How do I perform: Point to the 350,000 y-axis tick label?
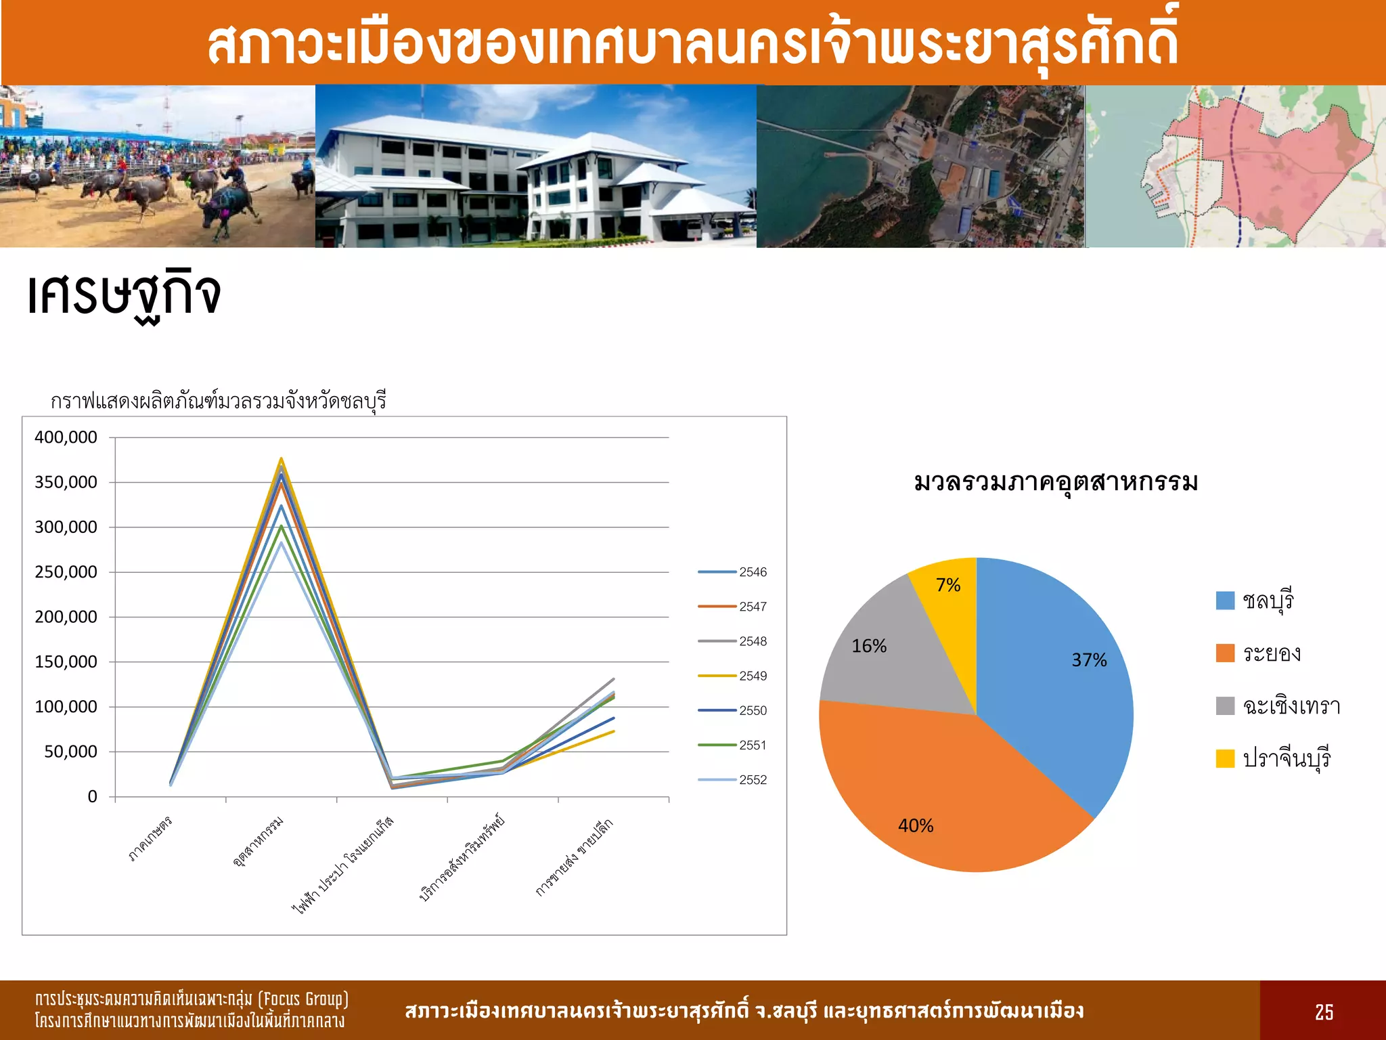(66, 482)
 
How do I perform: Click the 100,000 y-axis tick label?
(66, 707)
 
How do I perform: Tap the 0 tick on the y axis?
(92, 797)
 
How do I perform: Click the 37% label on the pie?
(1089, 660)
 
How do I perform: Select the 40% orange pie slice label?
(916, 826)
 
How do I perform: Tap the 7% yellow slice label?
(948, 585)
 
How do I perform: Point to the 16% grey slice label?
(869, 646)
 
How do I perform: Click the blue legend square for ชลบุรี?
(1225, 601)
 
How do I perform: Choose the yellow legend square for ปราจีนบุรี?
(1225, 758)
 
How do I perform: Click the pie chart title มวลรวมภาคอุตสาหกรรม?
(1056, 483)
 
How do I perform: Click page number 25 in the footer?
(1324, 1012)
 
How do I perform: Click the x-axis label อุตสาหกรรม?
(258, 842)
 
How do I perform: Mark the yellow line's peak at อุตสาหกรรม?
(281, 459)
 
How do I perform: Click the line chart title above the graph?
(218, 402)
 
